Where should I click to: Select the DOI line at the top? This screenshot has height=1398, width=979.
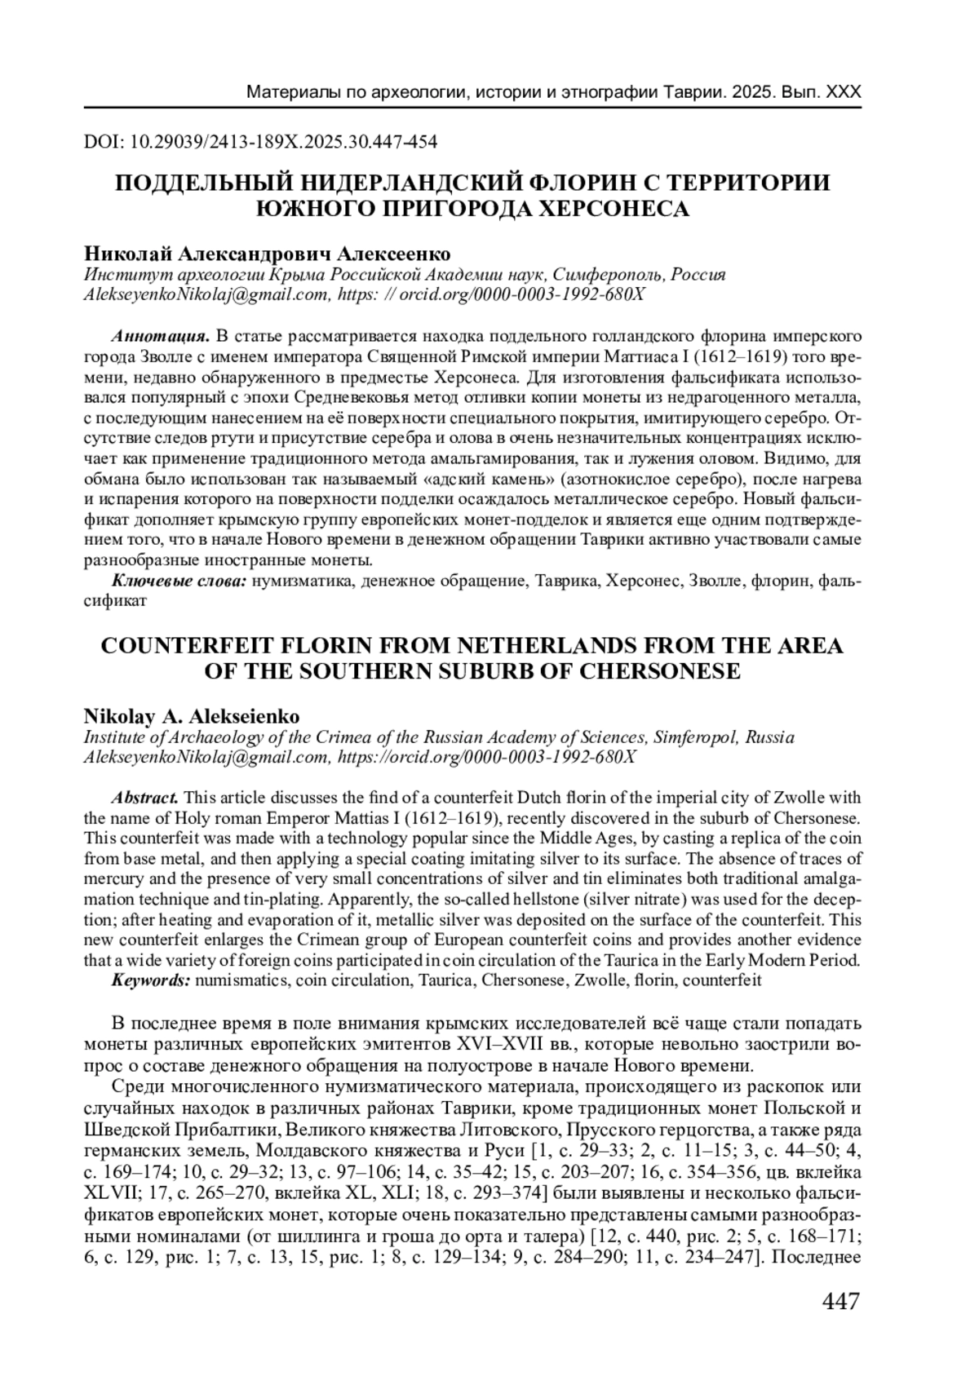point(260,142)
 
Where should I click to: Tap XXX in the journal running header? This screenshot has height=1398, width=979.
point(843,92)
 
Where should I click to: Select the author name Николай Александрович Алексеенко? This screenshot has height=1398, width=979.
point(268,254)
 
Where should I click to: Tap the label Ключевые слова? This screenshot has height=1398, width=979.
point(179,581)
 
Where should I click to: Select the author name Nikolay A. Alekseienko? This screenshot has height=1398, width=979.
point(192,717)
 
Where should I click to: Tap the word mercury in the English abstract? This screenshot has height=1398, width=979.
point(112,879)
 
